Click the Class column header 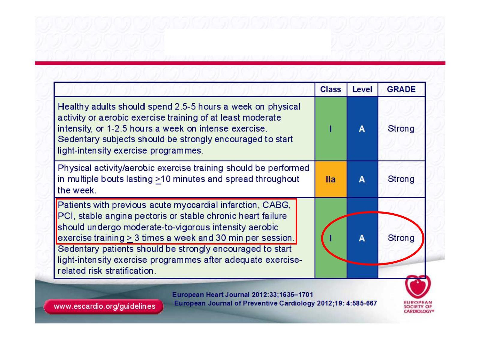click(x=330, y=89)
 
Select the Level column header click(x=362, y=89)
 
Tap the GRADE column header click(x=401, y=89)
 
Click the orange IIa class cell click(x=330, y=179)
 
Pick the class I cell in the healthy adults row click(x=330, y=128)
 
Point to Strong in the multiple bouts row click(x=401, y=179)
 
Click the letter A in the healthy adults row click(x=362, y=129)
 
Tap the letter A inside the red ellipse click(x=362, y=238)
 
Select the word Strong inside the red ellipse click(x=401, y=238)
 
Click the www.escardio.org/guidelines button click(x=104, y=306)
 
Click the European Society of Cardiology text click(x=418, y=307)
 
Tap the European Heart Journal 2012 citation click(x=242, y=295)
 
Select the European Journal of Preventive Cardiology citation click(x=275, y=303)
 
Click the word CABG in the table click(x=276, y=205)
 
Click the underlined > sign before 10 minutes click(x=158, y=180)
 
